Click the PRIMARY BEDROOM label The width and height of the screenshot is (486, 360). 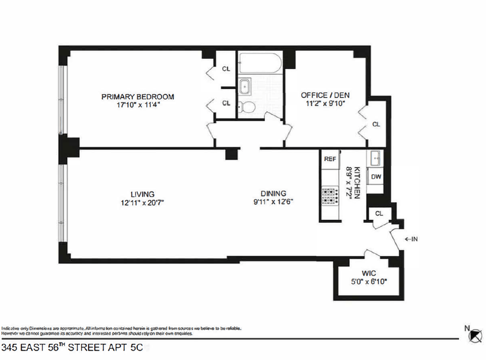[138, 96]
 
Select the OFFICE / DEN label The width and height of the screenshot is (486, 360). [325, 95]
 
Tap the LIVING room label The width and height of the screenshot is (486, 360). [142, 194]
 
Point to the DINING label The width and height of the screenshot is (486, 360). [273, 193]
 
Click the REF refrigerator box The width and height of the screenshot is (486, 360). [330, 159]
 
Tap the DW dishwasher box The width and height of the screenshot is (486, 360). [375, 177]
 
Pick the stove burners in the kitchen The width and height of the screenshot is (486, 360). [330, 197]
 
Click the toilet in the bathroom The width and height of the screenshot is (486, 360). [246, 107]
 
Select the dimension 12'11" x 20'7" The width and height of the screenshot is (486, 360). [142, 201]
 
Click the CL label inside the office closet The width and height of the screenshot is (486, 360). [376, 124]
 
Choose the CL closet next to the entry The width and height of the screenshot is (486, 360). [379, 213]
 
